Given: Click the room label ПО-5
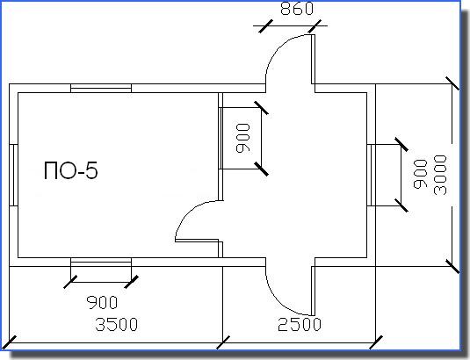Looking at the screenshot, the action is pos(71,170).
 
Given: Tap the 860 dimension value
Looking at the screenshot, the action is pos(297,9).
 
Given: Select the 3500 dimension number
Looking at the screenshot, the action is pos(117,324).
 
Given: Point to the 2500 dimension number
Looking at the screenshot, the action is pos(300,324).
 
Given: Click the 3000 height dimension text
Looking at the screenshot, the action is pos(441,175).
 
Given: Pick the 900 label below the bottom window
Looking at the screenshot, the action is pos(102,303).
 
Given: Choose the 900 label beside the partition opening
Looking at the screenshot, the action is pos(242,139).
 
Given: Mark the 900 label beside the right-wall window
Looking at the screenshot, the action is pos(420,174).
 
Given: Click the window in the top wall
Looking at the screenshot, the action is pos(101,89).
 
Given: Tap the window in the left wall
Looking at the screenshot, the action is pos(14,176).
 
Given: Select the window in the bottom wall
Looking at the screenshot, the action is pos(101,262).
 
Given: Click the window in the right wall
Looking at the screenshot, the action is pos(371,176).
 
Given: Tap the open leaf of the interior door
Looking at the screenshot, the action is pos(197,241).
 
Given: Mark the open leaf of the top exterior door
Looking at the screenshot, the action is pos(314,60).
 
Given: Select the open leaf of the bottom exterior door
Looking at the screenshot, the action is pos(314,291).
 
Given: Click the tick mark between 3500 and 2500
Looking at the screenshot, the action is pos(223,342).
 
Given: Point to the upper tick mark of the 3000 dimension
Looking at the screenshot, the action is pos(452,83).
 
